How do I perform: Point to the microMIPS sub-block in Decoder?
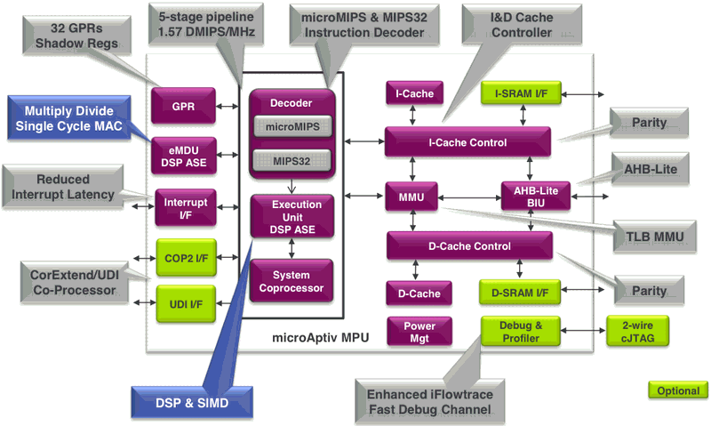coord(292,127)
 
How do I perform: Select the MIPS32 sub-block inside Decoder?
coord(292,160)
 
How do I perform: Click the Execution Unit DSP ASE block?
coord(292,217)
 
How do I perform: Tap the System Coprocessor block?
coord(292,280)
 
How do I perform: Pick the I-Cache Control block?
coord(468,142)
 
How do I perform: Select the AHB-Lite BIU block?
coord(531,197)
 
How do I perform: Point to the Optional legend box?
coord(677,390)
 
